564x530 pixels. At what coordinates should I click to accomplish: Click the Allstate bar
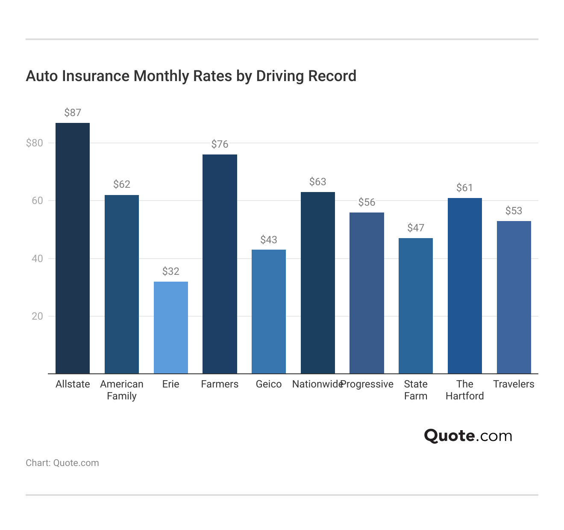(73, 248)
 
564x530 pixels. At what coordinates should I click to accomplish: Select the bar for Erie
(170, 328)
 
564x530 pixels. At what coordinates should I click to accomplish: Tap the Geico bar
(268, 312)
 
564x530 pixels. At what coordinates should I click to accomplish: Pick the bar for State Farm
(415, 306)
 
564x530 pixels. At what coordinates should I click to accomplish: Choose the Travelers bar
(514, 297)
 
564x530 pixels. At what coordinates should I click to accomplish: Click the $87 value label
(73, 113)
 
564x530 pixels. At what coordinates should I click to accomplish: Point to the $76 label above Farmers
(220, 144)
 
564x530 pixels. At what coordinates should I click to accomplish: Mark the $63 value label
(317, 182)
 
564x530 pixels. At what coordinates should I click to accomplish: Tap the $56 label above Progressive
(367, 202)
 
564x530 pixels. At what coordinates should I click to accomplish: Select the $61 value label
(464, 188)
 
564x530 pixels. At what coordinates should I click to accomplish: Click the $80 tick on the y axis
(35, 143)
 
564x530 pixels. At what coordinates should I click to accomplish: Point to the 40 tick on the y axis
(37, 259)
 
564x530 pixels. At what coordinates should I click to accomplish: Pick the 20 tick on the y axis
(37, 316)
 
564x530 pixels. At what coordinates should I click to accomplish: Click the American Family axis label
(122, 390)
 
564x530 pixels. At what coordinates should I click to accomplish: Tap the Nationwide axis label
(317, 384)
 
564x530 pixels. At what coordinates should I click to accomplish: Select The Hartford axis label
(464, 390)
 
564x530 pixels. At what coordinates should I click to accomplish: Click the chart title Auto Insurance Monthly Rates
(191, 76)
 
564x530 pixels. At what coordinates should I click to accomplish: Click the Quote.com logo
(468, 436)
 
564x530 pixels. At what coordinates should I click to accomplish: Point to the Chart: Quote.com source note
(62, 463)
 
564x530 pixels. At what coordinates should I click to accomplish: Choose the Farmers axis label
(220, 384)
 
